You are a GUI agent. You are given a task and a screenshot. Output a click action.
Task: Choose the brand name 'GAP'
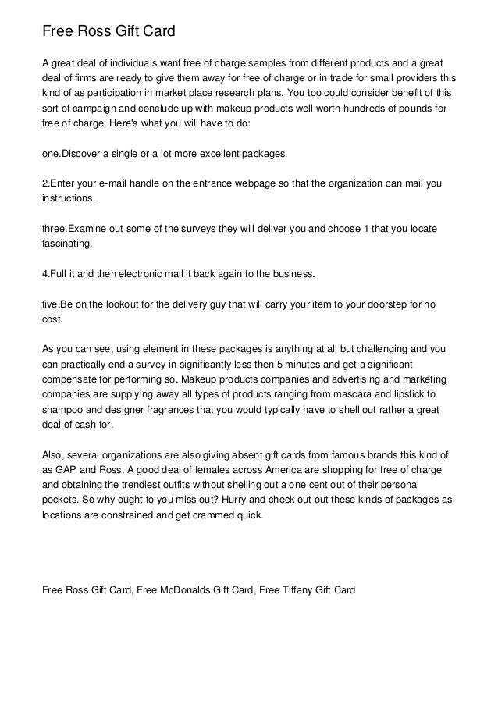67,471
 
